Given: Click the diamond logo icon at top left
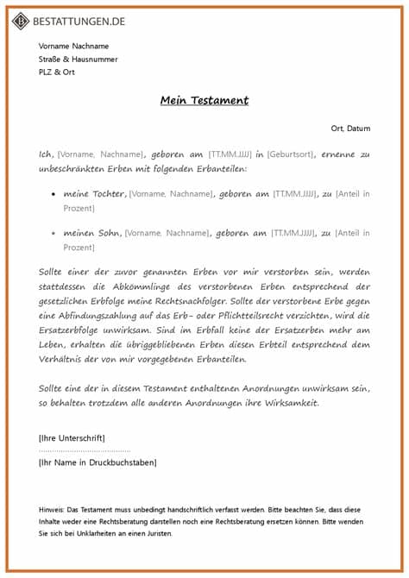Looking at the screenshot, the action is click(x=20, y=19).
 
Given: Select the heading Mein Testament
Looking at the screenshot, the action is click(x=204, y=100).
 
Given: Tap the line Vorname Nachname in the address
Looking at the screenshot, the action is click(x=73, y=46).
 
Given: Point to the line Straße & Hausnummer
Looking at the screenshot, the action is click(x=78, y=60).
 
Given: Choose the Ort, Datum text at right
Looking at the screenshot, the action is click(x=350, y=129).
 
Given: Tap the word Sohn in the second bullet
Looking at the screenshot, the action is click(x=107, y=233).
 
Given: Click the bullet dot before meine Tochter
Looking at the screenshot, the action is click(x=54, y=195).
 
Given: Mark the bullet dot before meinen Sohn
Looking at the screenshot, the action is click(x=54, y=234).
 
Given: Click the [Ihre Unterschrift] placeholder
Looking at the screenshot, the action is click(x=72, y=438).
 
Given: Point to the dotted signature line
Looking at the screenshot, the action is click(x=85, y=450).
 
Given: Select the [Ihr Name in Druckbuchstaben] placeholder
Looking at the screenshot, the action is click(x=98, y=463).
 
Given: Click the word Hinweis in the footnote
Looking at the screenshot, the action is click(x=51, y=509).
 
